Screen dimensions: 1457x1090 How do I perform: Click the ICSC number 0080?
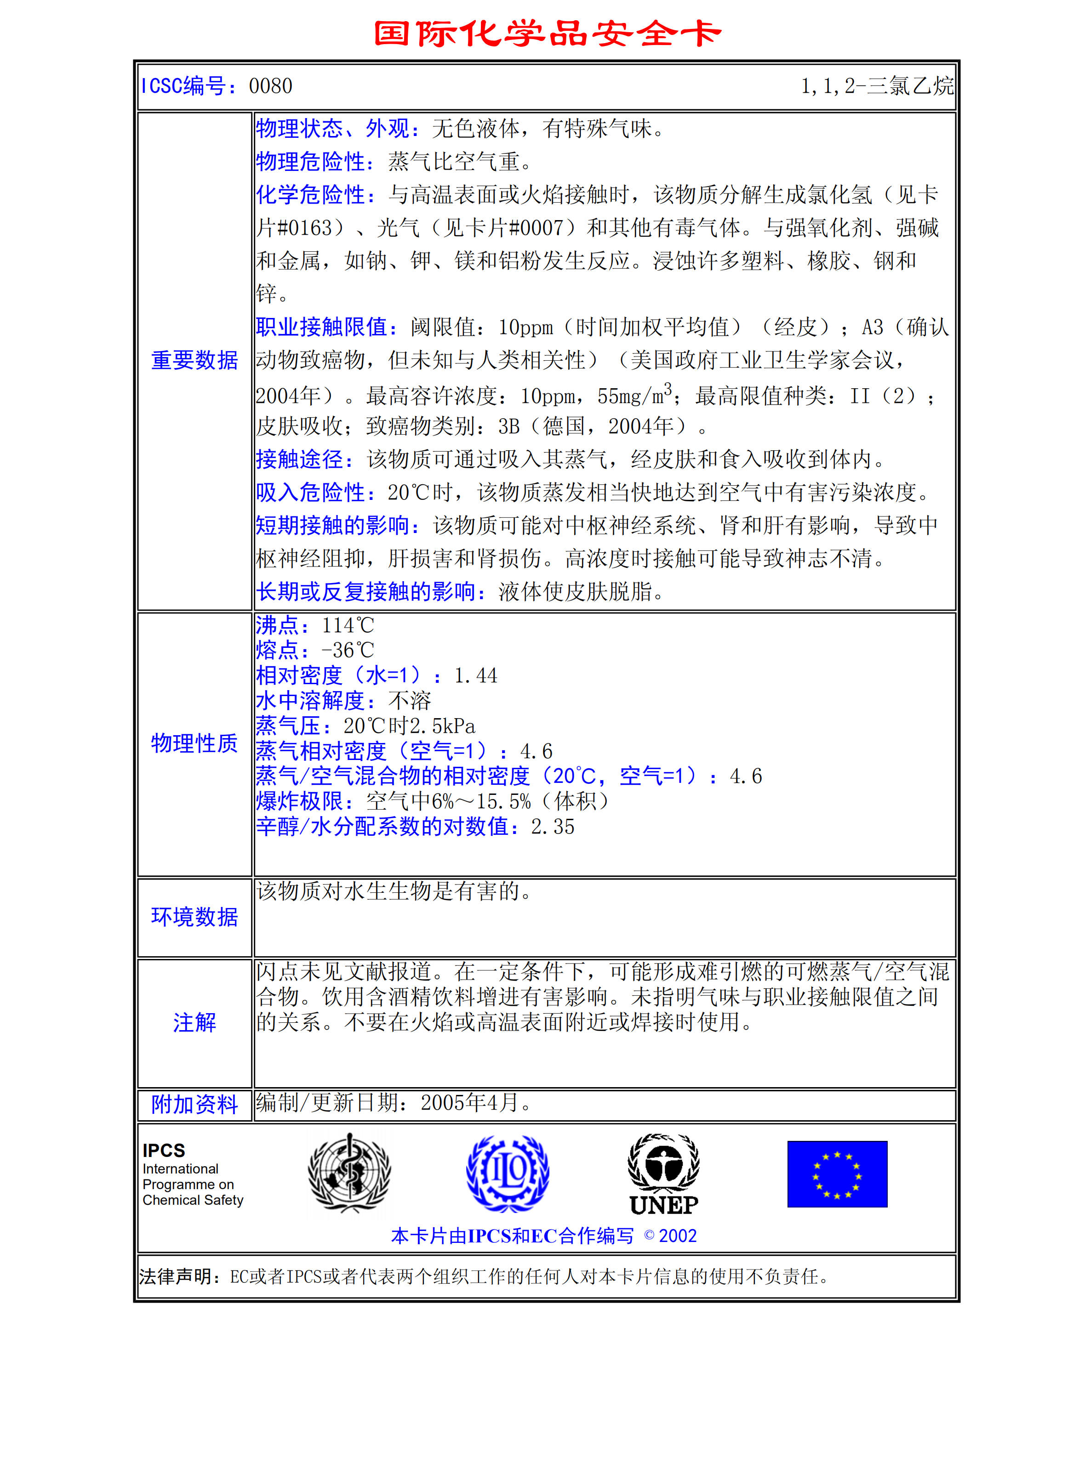point(270,86)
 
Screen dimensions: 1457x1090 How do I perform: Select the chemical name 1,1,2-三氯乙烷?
point(877,86)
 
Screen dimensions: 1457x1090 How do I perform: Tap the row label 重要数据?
point(194,360)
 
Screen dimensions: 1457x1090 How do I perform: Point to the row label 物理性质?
point(194,743)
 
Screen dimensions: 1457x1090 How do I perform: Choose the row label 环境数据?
point(194,917)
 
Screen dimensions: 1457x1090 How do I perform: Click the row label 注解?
point(194,1022)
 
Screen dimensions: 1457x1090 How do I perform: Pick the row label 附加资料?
point(194,1105)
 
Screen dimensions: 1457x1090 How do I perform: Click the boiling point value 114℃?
point(347,625)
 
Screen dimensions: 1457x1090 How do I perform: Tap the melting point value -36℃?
point(347,651)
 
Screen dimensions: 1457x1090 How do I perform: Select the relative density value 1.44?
point(475,676)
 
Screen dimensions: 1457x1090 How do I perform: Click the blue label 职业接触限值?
point(327,327)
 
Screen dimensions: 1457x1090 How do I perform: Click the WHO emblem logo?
point(349,1173)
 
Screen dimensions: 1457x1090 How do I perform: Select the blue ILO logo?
point(508,1173)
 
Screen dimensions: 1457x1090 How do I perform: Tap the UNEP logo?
point(664,1174)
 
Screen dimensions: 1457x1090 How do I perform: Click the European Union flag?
point(837,1174)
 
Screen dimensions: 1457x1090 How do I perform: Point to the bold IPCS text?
point(164,1150)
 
